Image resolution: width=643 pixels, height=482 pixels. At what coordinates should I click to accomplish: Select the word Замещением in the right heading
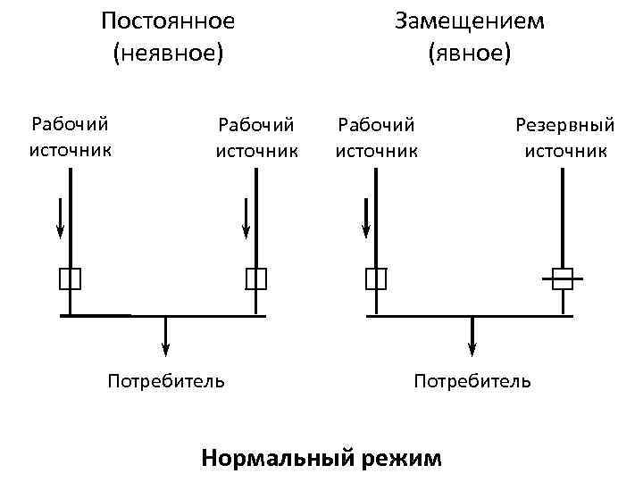(469, 21)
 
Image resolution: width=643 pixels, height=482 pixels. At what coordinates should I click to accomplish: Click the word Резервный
(565, 126)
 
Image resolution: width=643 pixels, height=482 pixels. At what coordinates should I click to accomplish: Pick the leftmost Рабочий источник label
(71, 137)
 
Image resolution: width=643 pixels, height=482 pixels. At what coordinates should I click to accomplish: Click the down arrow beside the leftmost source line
(59, 218)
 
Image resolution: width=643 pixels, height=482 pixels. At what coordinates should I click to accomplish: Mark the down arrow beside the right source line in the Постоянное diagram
(246, 218)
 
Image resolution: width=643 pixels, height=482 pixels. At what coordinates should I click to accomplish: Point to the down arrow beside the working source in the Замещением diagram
(365, 218)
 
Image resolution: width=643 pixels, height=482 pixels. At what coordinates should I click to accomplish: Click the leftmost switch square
(71, 279)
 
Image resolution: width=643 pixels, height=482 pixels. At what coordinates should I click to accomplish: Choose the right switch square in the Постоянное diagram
(256, 279)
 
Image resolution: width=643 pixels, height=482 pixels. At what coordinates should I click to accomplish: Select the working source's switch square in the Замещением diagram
(376, 279)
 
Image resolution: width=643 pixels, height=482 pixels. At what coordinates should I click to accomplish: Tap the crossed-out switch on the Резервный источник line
(562, 279)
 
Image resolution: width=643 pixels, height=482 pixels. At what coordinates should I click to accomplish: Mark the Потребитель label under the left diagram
(166, 382)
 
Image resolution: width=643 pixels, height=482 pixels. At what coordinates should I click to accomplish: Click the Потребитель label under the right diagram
(472, 382)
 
